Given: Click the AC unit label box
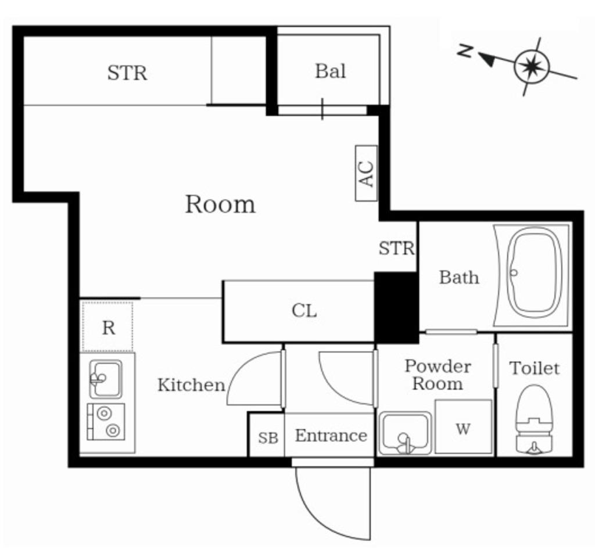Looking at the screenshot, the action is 367,173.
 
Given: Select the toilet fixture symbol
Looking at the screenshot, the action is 534,419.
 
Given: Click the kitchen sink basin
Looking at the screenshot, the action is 106,379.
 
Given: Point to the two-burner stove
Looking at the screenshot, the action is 106,422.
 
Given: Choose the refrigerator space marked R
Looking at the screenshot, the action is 107,327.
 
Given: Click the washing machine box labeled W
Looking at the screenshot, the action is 463,426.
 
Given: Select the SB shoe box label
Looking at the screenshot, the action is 268,438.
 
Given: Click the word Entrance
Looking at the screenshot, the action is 331,436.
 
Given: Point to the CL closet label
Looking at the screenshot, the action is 304,311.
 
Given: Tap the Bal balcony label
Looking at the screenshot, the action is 330,71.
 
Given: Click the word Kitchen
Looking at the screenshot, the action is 191,385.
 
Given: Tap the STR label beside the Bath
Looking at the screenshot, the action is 396,249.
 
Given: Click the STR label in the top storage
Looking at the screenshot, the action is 127,73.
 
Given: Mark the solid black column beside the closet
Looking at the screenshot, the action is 396,308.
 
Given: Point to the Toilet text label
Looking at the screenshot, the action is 535,368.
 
